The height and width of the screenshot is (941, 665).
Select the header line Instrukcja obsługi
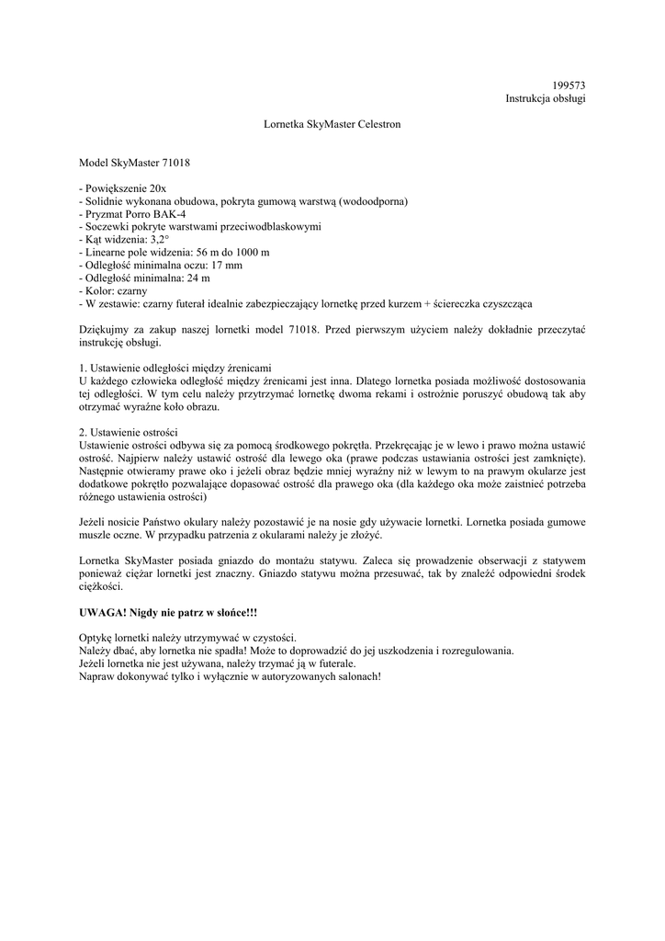(546, 98)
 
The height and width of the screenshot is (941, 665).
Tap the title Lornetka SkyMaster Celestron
(332, 123)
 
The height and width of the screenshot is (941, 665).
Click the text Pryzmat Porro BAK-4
(135, 213)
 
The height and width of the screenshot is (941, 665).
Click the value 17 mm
(228, 265)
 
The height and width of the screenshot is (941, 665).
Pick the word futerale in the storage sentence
(332, 663)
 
